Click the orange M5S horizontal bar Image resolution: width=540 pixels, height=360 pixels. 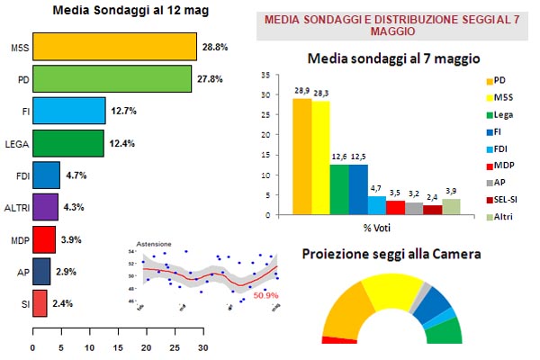coord(114,46)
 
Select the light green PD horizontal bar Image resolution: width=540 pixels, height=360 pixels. coord(112,78)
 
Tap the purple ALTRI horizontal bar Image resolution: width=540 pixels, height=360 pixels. coord(45,207)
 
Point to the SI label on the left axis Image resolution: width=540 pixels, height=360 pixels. coord(22,303)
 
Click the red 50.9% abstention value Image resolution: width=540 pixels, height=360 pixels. coord(266,294)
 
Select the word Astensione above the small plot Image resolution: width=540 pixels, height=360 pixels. coord(153,245)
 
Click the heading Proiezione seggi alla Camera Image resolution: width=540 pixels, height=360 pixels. coord(391,255)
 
